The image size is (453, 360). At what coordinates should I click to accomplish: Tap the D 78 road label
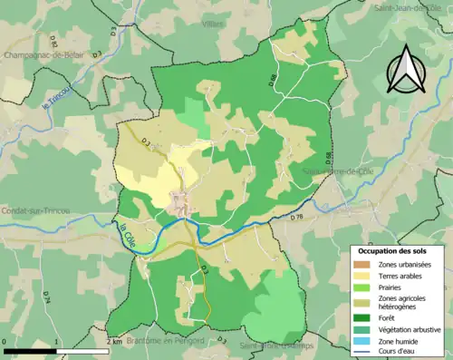pos(296,217)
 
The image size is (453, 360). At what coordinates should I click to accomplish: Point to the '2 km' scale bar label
pos(115,342)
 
